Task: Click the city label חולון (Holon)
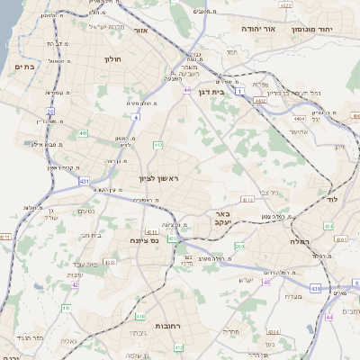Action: pyautogui.click(x=112, y=59)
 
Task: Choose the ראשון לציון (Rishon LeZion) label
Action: pyautogui.click(x=158, y=180)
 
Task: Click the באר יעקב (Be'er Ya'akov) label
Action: pyautogui.click(x=220, y=220)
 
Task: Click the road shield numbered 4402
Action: pyautogui.click(x=261, y=102)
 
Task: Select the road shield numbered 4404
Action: pyautogui.click(x=299, y=117)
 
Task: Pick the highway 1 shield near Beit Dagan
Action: pyautogui.click(x=240, y=91)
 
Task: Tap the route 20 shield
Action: pyautogui.click(x=50, y=112)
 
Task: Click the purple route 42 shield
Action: pyautogui.click(x=75, y=284)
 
